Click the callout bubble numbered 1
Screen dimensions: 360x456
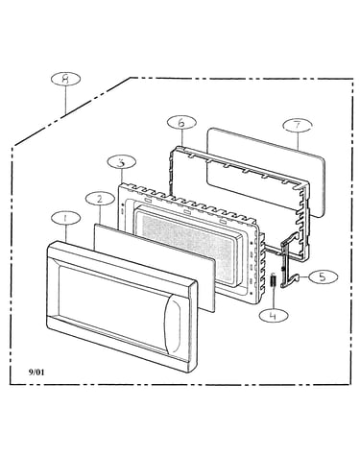point(65,219)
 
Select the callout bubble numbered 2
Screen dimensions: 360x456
point(100,199)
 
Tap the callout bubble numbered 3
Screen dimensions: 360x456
point(121,162)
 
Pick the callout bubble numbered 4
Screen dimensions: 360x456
point(274,315)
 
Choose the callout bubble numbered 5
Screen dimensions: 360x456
point(323,277)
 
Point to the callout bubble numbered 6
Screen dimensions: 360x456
point(181,123)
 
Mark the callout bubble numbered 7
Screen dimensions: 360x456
point(298,125)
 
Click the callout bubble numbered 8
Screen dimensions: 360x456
point(65,79)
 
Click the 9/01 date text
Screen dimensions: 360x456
point(36,372)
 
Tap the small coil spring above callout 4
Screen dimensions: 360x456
point(274,280)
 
